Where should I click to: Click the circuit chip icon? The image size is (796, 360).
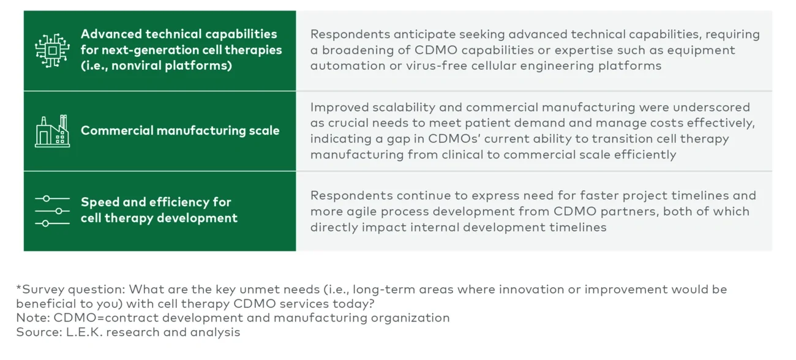[x=53, y=50]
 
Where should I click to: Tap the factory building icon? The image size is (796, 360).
[x=53, y=130]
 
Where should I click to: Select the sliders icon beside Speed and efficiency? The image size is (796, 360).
[x=53, y=211]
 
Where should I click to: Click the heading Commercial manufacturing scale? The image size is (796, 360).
[x=180, y=130]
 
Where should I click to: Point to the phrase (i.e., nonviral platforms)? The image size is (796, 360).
[x=156, y=66]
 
